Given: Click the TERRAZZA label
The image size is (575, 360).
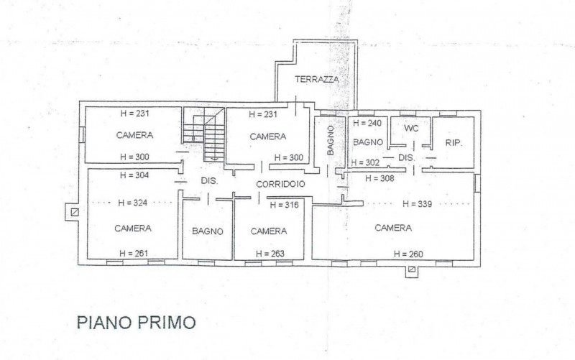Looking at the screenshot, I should pos(317,79).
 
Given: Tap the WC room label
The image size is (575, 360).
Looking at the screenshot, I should pos(411,128).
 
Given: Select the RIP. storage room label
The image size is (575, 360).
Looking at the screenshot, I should pos(454,143).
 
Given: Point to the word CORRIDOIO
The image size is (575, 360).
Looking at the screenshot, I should pos(281,184).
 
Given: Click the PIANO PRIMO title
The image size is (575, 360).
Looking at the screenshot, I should pos(136,322).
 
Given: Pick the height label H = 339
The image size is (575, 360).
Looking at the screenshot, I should pos(417,204).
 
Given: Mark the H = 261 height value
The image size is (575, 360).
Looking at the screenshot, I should pos(133,253).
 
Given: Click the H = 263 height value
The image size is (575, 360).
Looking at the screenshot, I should pos(269,253).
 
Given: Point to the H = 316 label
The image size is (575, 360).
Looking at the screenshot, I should pos(283,205).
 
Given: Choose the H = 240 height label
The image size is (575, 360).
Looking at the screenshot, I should pos(367,123).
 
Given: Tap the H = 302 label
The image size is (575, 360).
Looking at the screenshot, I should pos(364,162).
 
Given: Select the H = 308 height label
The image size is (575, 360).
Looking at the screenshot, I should pos(380,177).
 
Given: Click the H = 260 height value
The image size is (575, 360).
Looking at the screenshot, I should pos(408,254).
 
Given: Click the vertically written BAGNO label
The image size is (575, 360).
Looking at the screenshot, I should pos(330,140).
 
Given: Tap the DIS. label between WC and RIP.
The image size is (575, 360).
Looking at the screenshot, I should pos(406,157).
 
